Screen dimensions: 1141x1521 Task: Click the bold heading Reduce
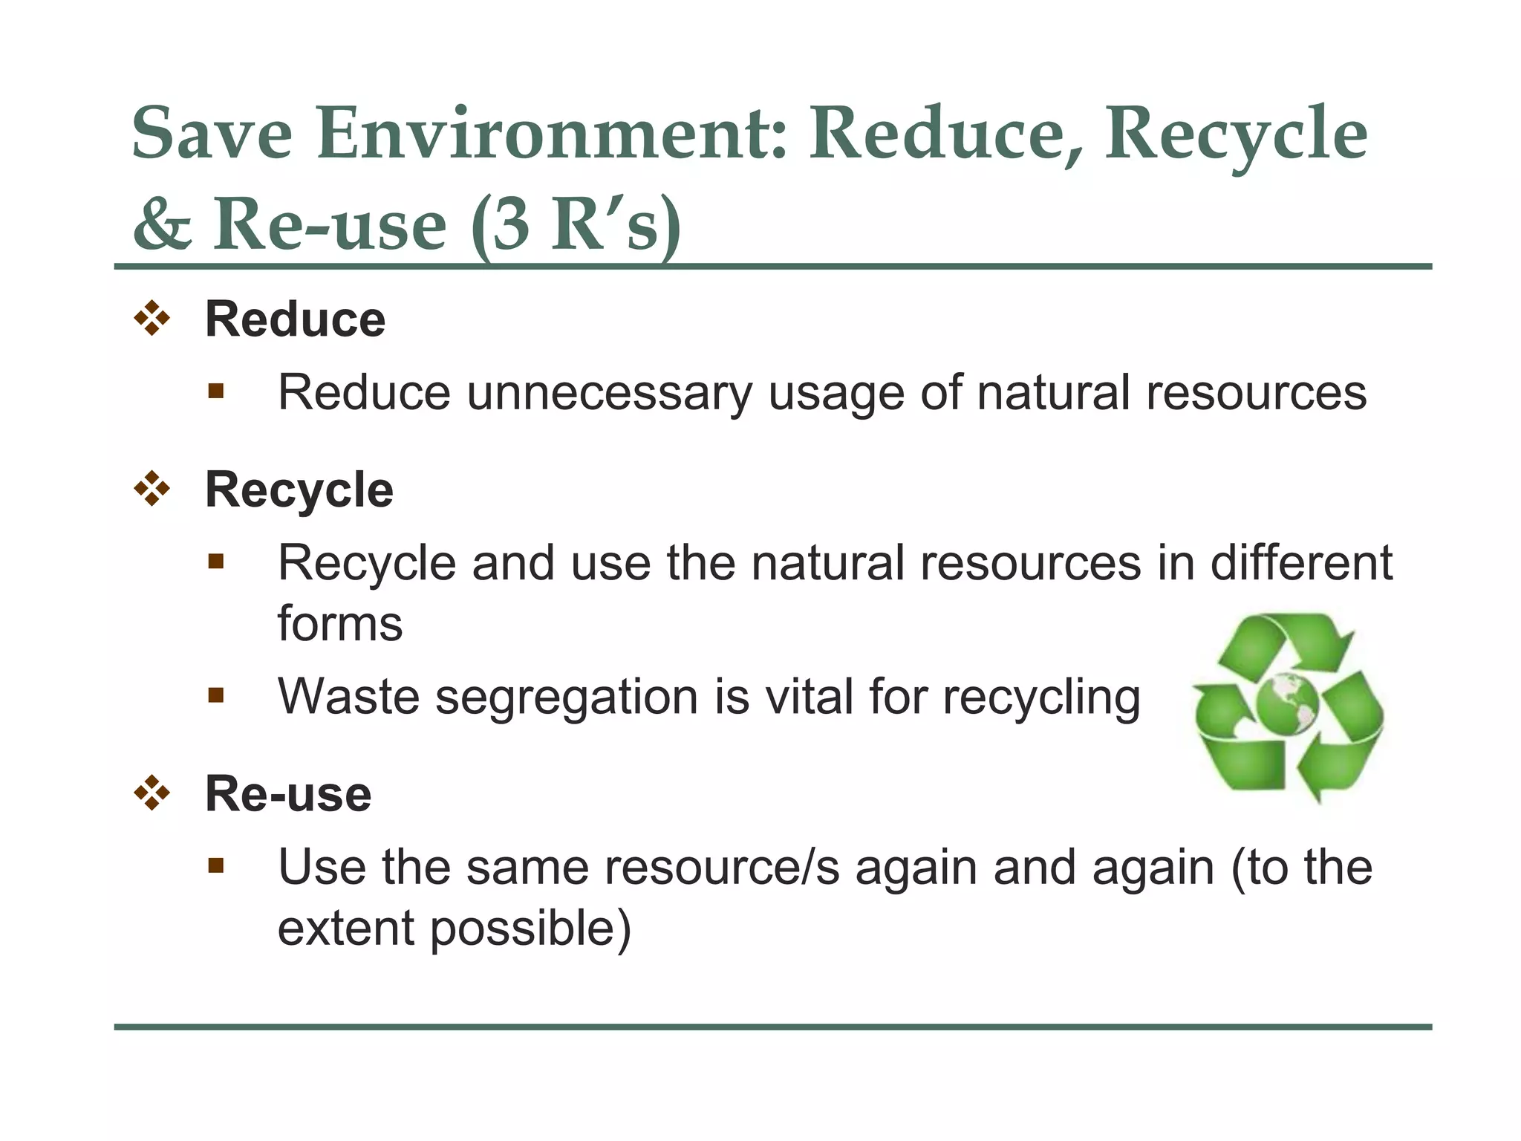[x=295, y=320]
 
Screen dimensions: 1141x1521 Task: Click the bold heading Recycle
[x=299, y=490]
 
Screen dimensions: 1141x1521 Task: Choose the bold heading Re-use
[x=288, y=794]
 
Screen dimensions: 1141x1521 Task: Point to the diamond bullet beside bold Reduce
[x=152, y=319]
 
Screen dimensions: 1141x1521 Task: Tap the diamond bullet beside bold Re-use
[x=152, y=793]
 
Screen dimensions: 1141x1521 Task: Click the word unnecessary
[x=609, y=394]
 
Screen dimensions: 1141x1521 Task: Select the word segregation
[x=566, y=698]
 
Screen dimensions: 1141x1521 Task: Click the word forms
[x=340, y=624]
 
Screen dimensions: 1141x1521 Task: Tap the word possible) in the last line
[x=530, y=929]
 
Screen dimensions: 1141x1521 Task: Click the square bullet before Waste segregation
[x=216, y=696]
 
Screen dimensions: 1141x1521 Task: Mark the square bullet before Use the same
[x=216, y=865]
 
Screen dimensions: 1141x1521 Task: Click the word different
[x=1301, y=563]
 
